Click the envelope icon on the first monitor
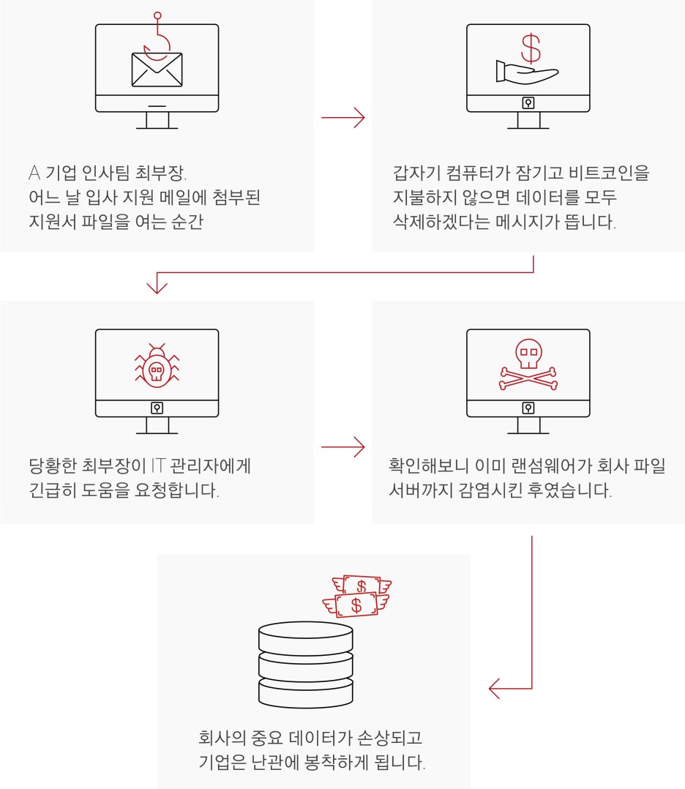(x=157, y=69)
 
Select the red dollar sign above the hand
(x=531, y=48)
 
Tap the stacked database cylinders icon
(x=305, y=665)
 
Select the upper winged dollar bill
(x=362, y=586)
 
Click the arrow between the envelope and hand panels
(x=342, y=116)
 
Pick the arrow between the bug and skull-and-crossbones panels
(x=342, y=446)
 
